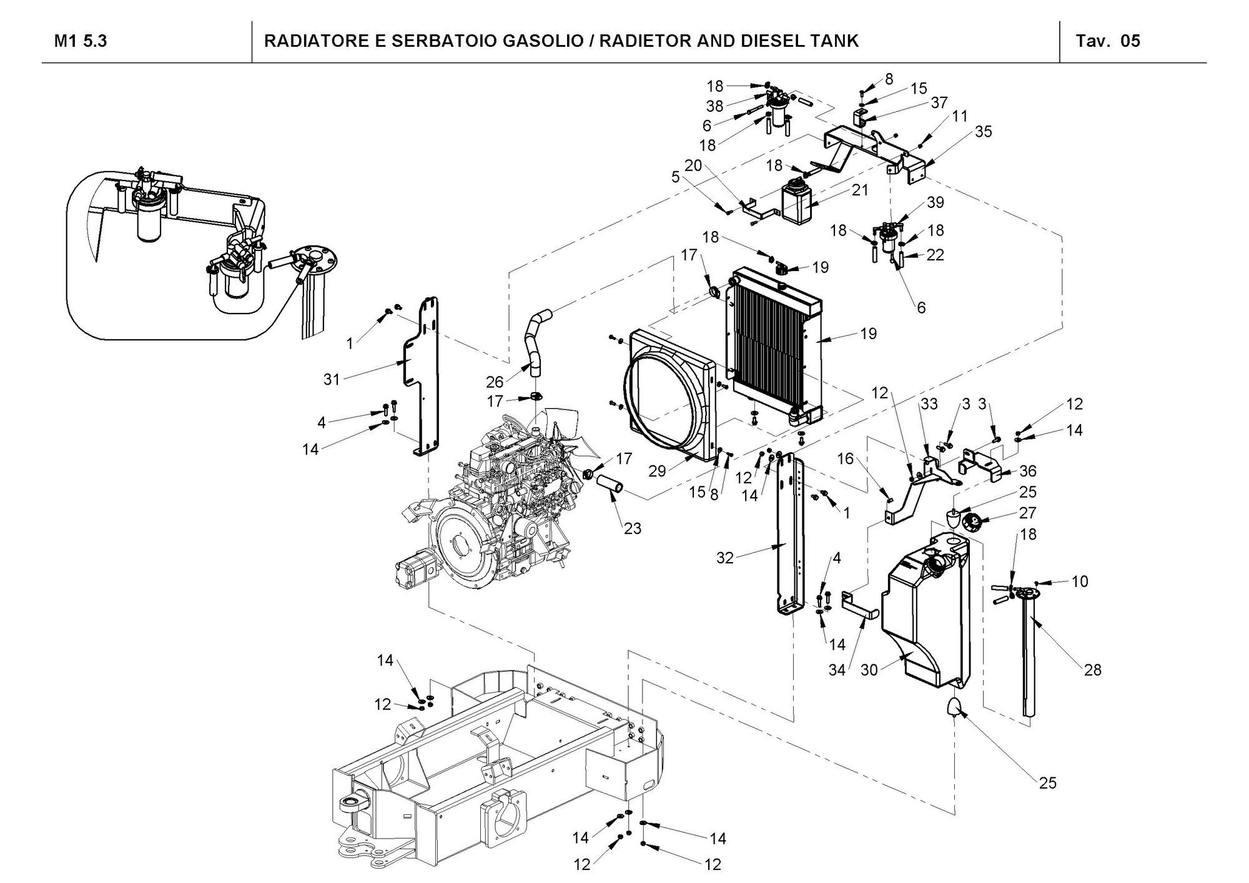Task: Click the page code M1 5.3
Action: tap(81, 41)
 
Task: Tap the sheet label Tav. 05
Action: tap(1107, 41)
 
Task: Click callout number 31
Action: tap(332, 378)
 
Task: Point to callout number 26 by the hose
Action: tap(495, 381)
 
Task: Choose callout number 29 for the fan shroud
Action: tap(657, 471)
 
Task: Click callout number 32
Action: tap(724, 558)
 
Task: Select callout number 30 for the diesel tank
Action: tap(869, 671)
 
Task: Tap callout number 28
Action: tap(1093, 670)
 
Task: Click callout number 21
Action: tap(861, 190)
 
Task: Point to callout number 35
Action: tap(983, 132)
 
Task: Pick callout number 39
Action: tap(936, 202)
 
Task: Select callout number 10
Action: tap(1080, 581)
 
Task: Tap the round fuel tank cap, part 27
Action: tap(972, 521)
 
